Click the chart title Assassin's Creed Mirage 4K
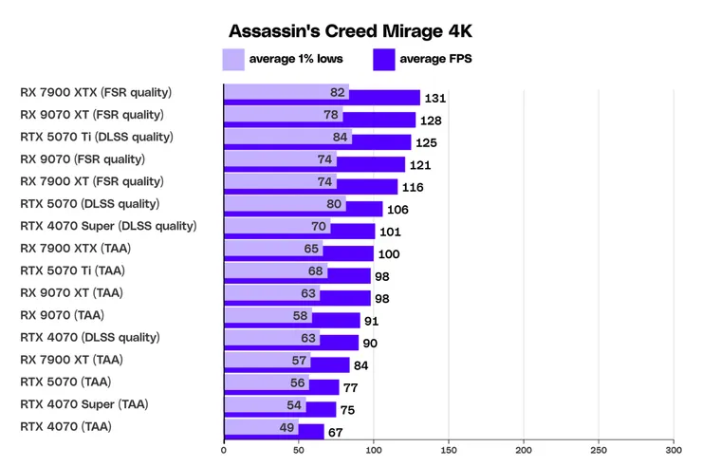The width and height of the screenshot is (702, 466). (x=350, y=32)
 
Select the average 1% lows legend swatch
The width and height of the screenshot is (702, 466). (x=233, y=60)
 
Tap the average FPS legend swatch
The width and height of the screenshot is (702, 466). (x=384, y=60)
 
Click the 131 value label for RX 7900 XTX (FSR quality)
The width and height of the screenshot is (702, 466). (x=435, y=98)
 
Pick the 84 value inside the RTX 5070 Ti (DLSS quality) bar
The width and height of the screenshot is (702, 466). (x=339, y=138)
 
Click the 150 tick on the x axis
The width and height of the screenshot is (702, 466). (x=449, y=451)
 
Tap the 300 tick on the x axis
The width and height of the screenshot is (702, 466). (x=674, y=451)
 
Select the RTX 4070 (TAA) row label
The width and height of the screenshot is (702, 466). (x=65, y=427)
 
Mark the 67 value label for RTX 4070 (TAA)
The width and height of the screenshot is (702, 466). (x=334, y=433)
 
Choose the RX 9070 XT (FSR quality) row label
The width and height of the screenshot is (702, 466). (x=92, y=115)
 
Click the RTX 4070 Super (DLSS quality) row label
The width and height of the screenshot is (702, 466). (x=108, y=226)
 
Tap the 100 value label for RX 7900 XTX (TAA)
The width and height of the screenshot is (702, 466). (x=389, y=254)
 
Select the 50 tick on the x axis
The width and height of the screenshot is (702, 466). (x=299, y=451)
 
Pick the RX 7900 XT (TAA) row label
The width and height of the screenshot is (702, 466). (x=72, y=360)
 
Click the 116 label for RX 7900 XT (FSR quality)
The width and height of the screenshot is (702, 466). (x=413, y=187)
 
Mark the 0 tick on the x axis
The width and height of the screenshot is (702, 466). (x=224, y=451)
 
